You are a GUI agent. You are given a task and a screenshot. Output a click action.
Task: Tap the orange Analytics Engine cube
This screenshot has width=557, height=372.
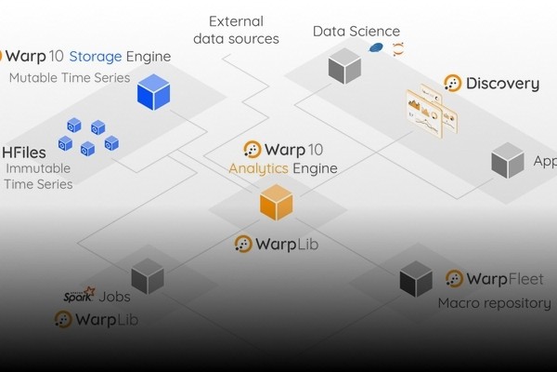[x=276, y=202]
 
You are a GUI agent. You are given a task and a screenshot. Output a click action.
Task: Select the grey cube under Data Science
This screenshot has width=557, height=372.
[x=344, y=65]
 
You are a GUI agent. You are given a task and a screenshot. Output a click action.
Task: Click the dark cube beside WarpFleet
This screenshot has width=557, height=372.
[x=416, y=278]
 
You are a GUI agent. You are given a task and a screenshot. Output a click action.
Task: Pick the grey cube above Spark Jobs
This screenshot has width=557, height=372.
[x=148, y=275]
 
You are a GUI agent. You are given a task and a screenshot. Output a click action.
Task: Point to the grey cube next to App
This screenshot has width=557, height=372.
[x=508, y=162]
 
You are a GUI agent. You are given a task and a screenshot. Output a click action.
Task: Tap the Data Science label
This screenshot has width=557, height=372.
[x=356, y=32]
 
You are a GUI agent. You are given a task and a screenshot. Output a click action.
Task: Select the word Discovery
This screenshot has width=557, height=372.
[x=502, y=84]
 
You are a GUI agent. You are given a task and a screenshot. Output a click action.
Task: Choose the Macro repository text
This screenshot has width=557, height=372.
[x=494, y=303]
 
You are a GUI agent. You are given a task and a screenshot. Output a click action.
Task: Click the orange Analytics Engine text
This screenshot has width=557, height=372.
[x=282, y=168]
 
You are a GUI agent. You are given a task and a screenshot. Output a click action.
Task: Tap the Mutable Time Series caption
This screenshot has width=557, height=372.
[x=70, y=77]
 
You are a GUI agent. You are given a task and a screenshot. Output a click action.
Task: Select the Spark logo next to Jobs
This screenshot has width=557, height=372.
[x=79, y=296]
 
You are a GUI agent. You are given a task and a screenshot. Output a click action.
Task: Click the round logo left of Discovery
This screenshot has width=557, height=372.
[x=453, y=84]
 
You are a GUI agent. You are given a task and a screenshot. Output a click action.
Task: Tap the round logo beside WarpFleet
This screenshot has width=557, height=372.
[x=454, y=279]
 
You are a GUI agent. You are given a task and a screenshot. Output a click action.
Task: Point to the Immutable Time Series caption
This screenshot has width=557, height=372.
[x=39, y=176]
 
